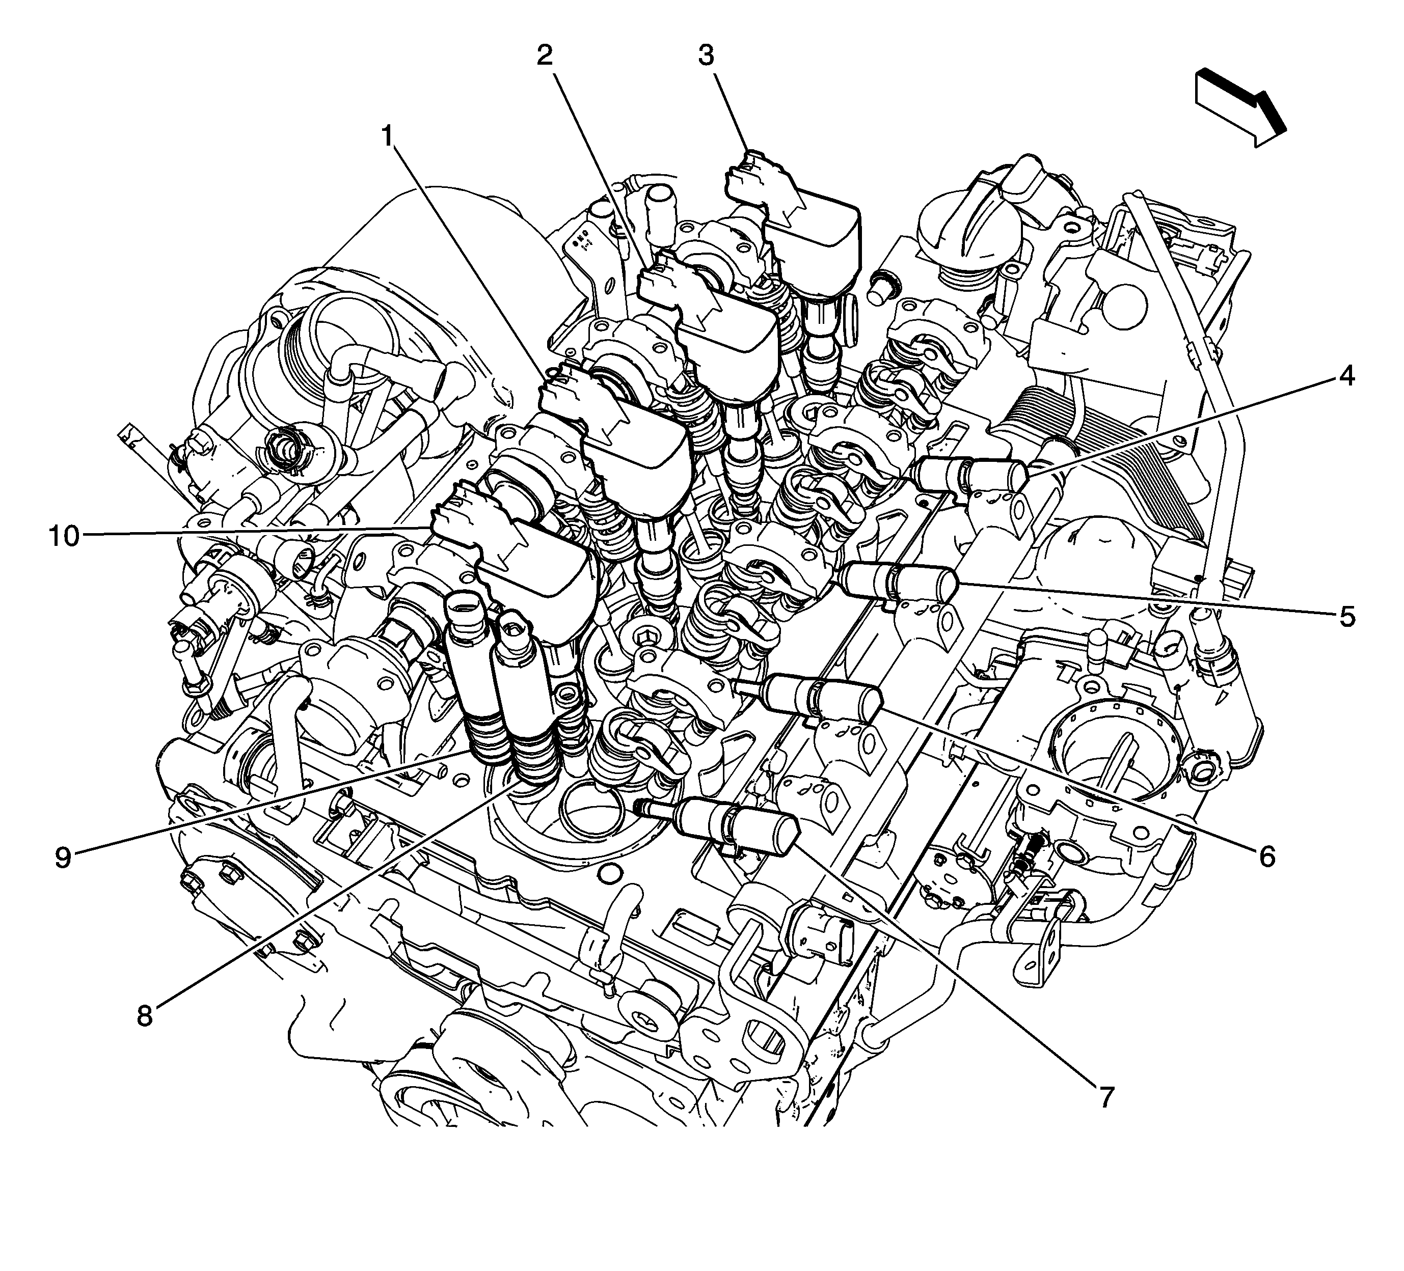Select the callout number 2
pyautogui.click(x=545, y=55)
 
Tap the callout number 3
pyautogui.click(x=706, y=56)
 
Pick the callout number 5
pyautogui.click(x=1347, y=616)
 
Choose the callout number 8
pyautogui.click(x=144, y=1016)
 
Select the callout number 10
pyautogui.click(x=64, y=537)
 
